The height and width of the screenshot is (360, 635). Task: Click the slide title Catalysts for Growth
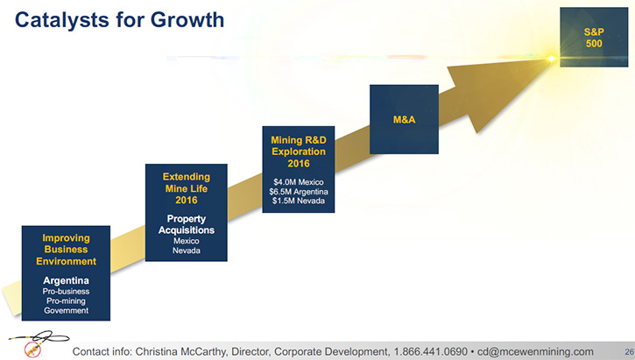[x=119, y=20]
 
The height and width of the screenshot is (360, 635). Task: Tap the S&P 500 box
[x=594, y=38]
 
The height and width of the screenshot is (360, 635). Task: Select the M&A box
[x=404, y=119]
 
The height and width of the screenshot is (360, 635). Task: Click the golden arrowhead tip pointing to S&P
[x=551, y=59]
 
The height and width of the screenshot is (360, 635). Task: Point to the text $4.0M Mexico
[x=299, y=182]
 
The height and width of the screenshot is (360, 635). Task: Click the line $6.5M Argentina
[x=299, y=192]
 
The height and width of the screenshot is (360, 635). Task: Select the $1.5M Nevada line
[x=299, y=201]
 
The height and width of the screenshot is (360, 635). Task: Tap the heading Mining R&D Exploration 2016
[x=299, y=152]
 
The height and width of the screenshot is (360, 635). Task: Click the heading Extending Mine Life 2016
[x=187, y=188]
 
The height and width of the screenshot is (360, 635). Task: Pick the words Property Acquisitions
[x=187, y=224]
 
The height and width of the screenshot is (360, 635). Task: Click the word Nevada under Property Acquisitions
[x=187, y=251]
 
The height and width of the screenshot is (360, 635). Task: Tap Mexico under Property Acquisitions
[x=187, y=241]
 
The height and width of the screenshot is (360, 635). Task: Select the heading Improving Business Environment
[x=66, y=250]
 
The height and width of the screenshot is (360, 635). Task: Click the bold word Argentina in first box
[x=66, y=280]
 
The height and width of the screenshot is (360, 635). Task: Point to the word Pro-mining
[x=66, y=301]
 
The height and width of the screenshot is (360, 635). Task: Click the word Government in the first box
[x=66, y=311]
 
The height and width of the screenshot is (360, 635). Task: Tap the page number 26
[x=629, y=351]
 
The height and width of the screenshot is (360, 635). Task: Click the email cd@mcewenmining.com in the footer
[x=535, y=351]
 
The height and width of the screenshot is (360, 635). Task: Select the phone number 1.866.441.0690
[x=431, y=351]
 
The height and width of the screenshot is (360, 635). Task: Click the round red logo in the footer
[x=32, y=349]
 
